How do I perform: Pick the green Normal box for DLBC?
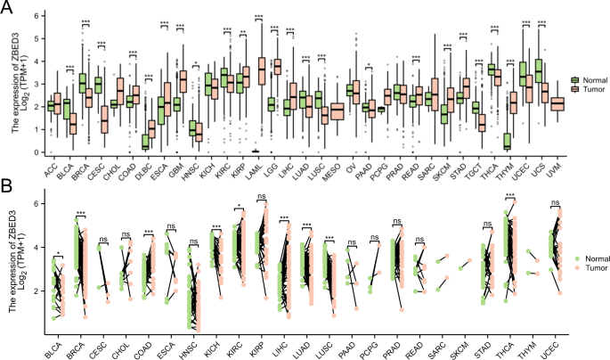coord(145,140)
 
